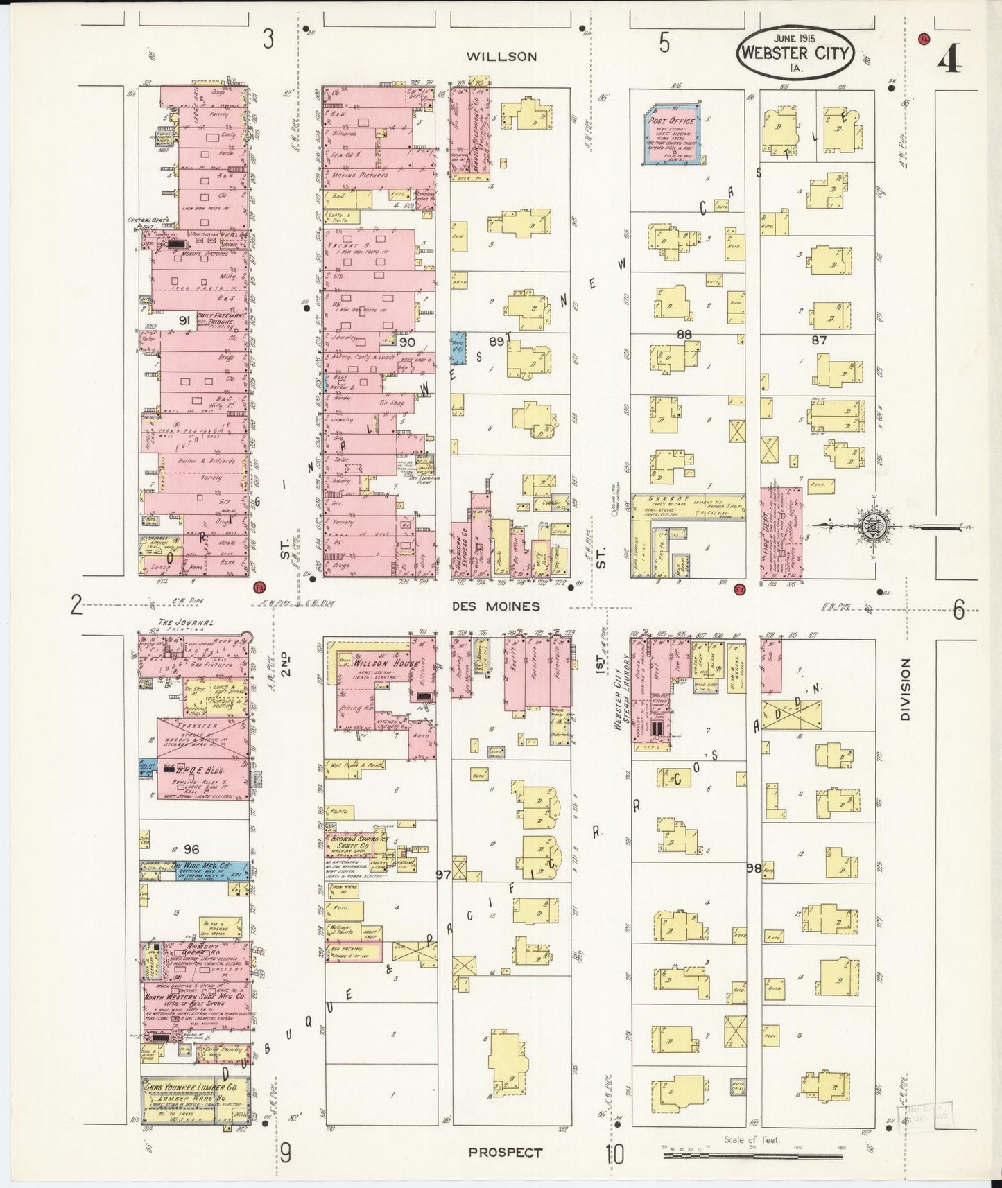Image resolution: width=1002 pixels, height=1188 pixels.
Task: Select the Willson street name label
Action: click(501, 57)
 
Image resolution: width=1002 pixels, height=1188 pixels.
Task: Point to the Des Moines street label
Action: click(495, 606)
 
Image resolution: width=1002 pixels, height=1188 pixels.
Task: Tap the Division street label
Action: click(905, 690)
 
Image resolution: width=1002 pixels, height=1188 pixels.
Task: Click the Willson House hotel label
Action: click(376, 663)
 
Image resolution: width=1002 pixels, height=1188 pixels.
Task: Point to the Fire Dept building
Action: click(782, 532)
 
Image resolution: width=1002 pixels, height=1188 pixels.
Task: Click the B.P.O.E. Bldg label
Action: click(193, 769)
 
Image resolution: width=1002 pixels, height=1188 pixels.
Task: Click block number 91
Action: click(184, 320)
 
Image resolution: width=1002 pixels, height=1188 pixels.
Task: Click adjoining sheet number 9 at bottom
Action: click(285, 1153)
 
